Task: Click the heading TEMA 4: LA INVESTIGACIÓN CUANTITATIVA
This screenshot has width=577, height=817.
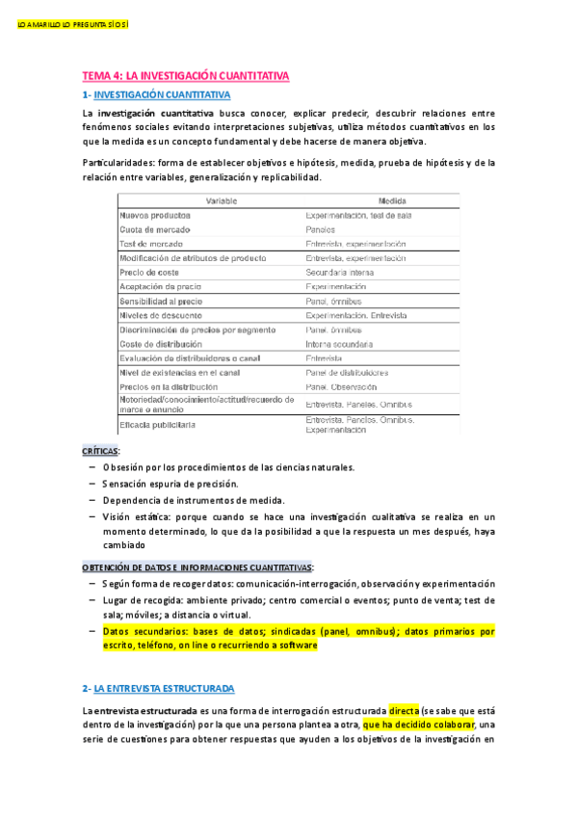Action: pyautogui.click(x=185, y=74)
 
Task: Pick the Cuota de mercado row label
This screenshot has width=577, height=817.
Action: pyautogui.click(x=154, y=230)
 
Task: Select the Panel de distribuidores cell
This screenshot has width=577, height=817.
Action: pyautogui.click(x=347, y=372)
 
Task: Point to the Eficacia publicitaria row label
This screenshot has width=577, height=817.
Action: pyautogui.click(x=157, y=424)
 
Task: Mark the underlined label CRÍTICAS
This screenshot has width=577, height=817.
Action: pyautogui.click(x=101, y=450)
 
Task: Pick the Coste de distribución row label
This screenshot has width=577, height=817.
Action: pyautogui.click(x=161, y=344)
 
